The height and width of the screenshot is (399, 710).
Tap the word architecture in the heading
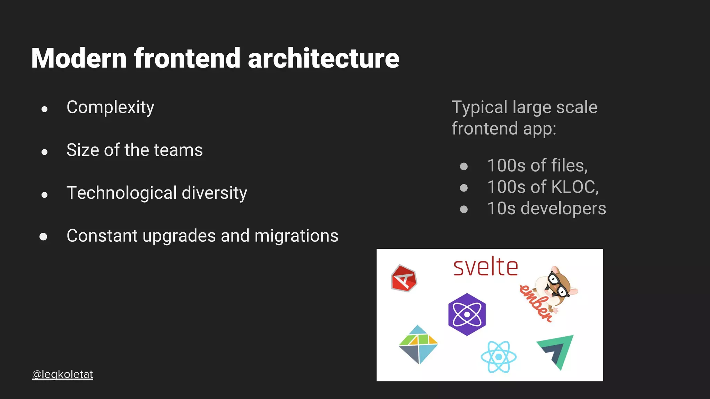pos(323,58)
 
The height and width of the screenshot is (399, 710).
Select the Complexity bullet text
pos(110,107)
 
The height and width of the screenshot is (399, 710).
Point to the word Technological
pos(122,193)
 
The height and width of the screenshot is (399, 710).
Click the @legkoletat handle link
pos(62,374)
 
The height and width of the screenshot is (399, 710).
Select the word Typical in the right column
pos(479,107)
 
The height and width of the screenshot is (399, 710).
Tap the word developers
pos(563,209)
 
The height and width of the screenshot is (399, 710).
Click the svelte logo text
pos(486,267)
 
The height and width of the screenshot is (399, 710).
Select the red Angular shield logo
pos(404,278)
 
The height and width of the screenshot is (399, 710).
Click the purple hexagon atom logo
pos(467,314)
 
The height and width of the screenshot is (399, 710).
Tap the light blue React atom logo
pos(499,357)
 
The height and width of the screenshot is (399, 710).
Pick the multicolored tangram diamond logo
pos(418,345)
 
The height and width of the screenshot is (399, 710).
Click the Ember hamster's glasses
pos(559,284)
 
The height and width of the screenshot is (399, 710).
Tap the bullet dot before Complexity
pos(44,109)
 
